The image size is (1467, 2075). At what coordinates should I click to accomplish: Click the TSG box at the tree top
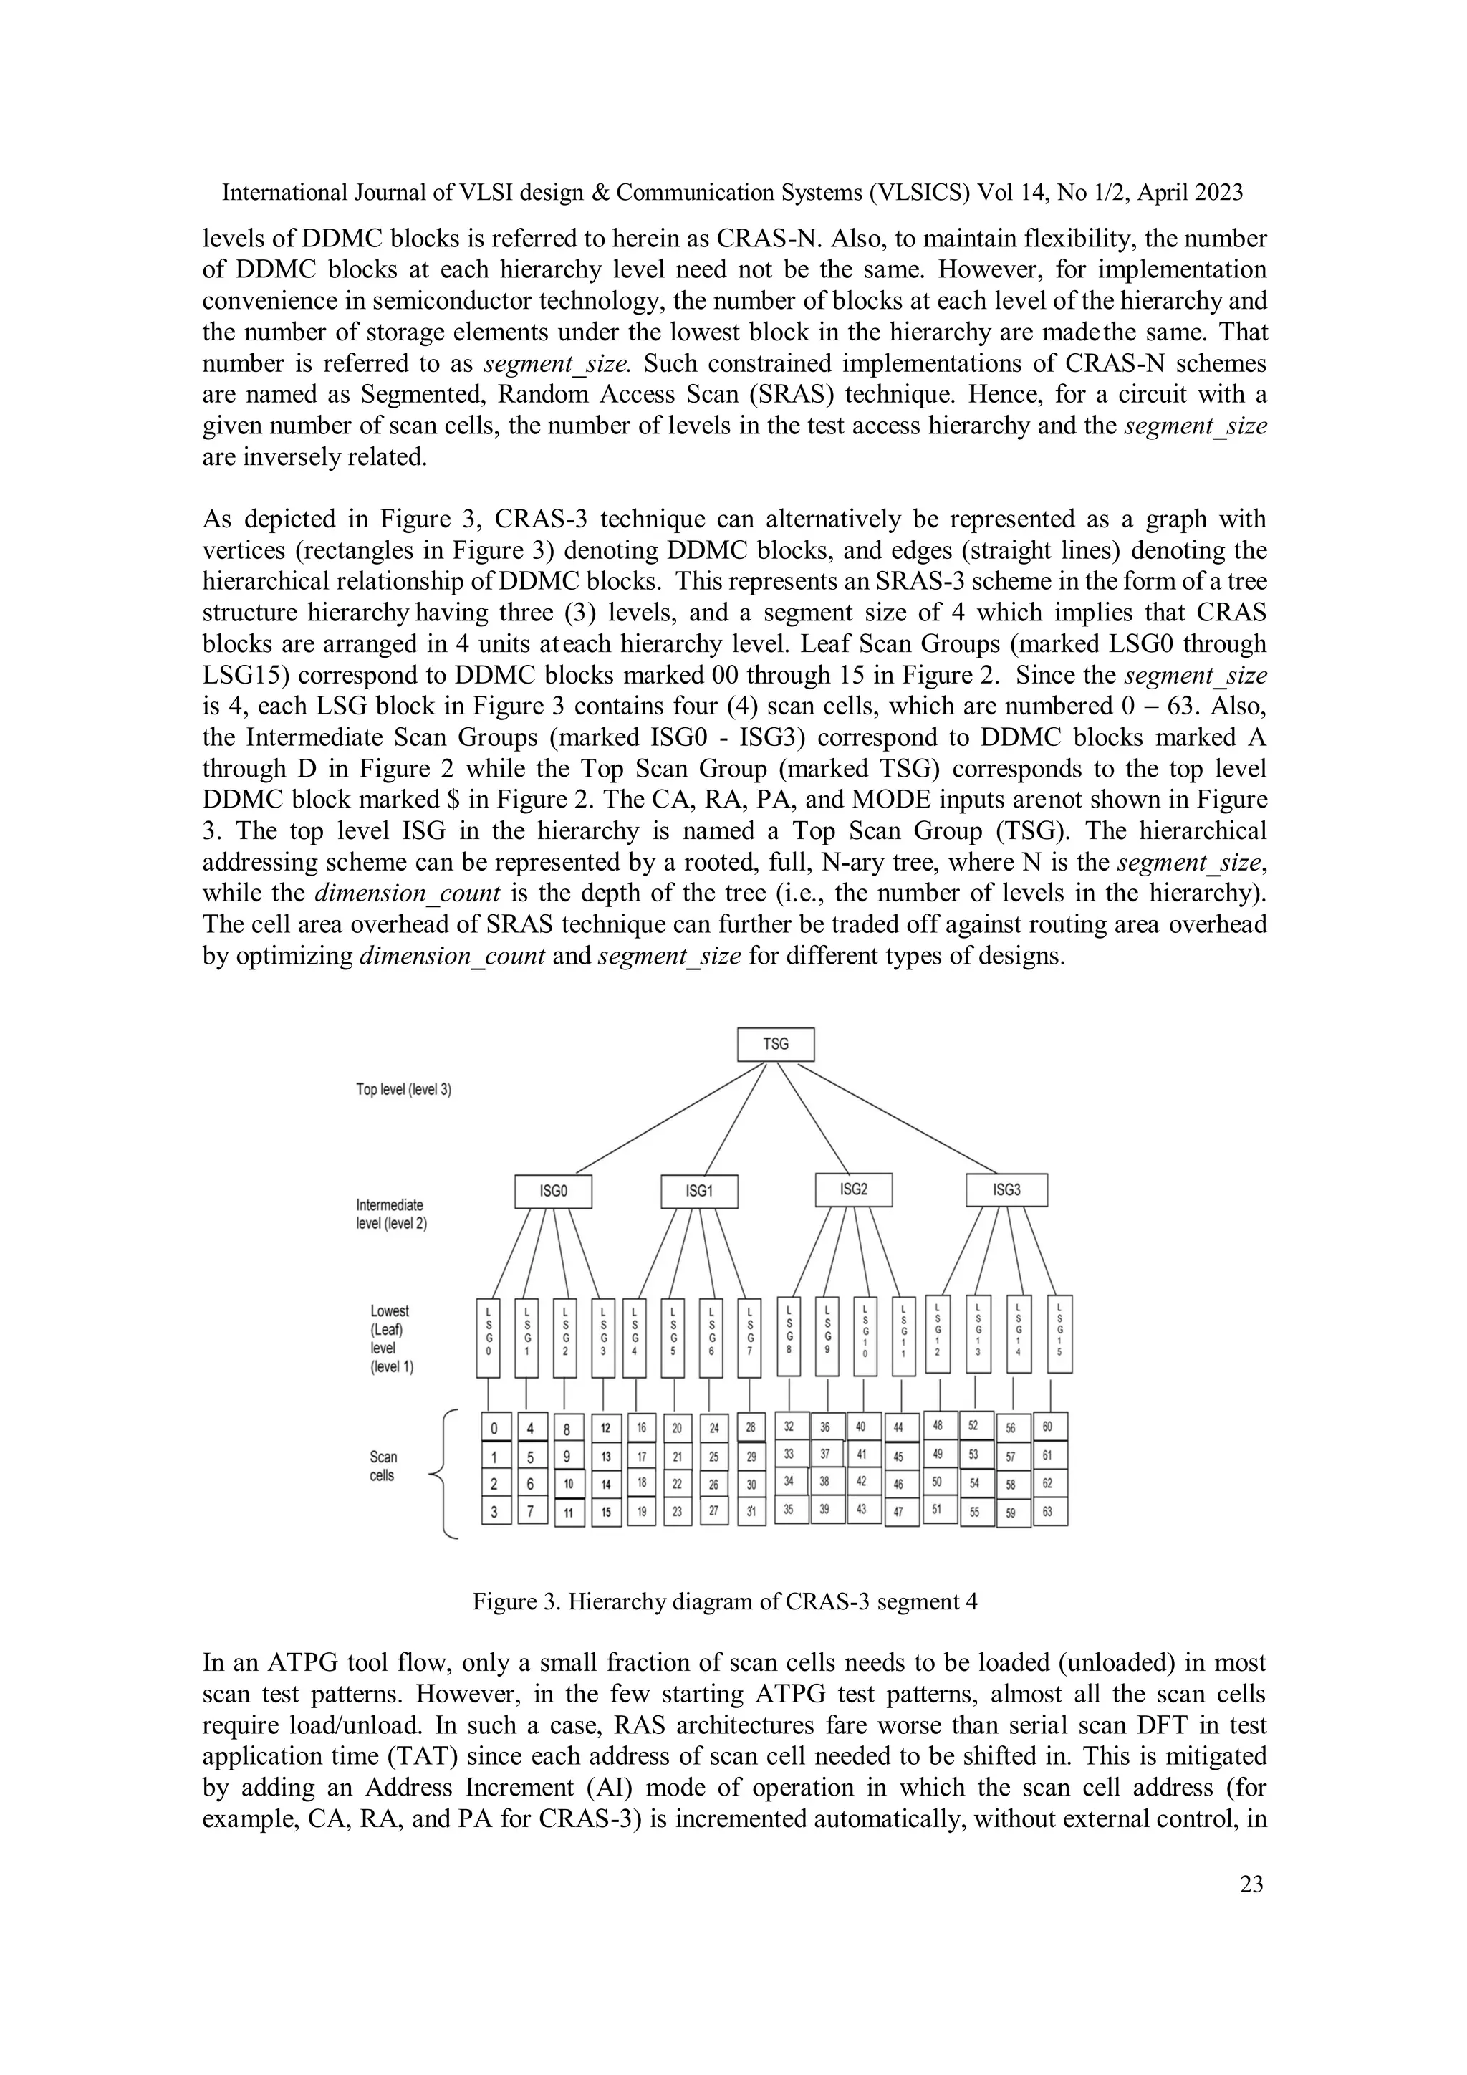[x=775, y=1044]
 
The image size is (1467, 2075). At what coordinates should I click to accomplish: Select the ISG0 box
[x=553, y=1191]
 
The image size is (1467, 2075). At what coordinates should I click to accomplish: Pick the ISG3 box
[x=1006, y=1189]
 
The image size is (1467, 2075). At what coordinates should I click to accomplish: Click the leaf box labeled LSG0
[x=489, y=1338]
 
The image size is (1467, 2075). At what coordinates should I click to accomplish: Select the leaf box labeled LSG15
[x=1059, y=1335]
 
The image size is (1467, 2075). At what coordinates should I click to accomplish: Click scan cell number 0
[x=495, y=1429]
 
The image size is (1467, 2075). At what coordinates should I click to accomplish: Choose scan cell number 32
[x=789, y=1427]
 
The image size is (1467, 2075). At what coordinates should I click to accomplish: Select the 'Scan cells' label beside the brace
[x=383, y=1466]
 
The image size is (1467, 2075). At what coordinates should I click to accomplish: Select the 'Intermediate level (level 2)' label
[x=391, y=1214]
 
